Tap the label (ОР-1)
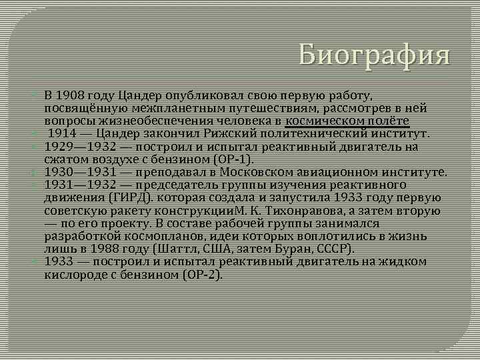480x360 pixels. pyautogui.click(x=233, y=159)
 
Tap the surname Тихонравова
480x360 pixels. pyautogui.click(x=293, y=210)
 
